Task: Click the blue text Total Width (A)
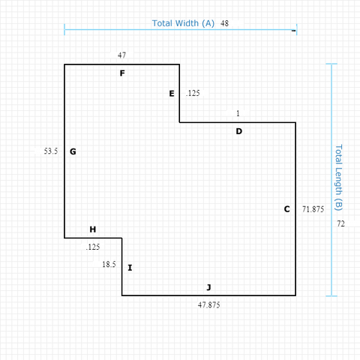(183, 23)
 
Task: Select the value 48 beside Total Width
(224, 23)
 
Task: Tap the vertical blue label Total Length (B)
(338, 178)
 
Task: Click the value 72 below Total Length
(340, 223)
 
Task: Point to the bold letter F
(122, 73)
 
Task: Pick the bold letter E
(172, 94)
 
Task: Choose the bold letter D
(239, 131)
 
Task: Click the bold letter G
(73, 151)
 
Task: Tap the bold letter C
(287, 209)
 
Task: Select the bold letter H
(93, 229)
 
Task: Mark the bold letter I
(130, 268)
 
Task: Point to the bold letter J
(208, 287)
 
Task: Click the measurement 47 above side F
(121, 55)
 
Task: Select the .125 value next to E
(193, 93)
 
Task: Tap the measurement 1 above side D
(238, 113)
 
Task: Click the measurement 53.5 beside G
(51, 151)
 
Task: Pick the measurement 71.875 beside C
(313, 209)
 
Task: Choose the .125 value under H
(93, 247)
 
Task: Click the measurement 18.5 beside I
(109, 264)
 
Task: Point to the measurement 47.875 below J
(209, 305)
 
